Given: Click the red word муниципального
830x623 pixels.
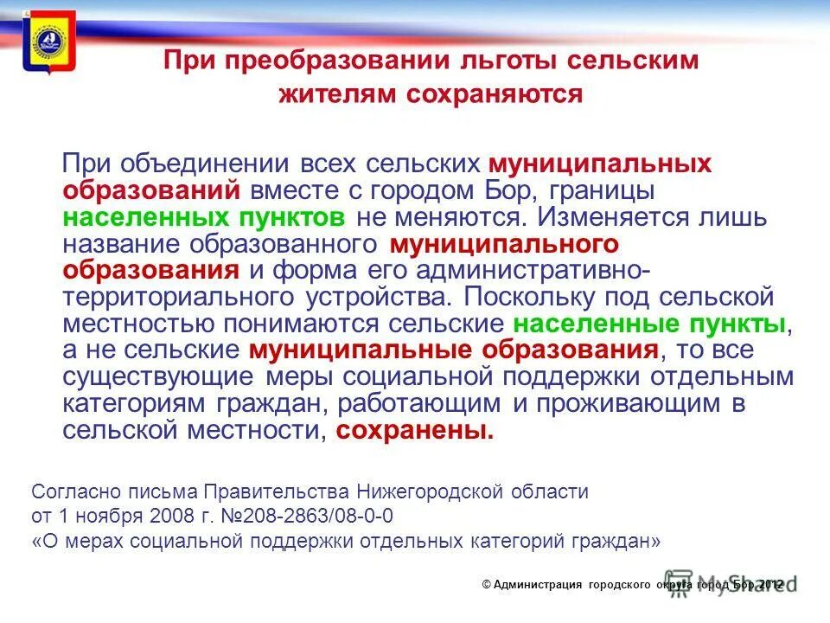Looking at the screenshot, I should [504, 242].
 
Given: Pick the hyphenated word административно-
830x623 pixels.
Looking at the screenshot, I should [528, 269].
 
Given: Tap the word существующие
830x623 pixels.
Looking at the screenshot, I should [159, 377].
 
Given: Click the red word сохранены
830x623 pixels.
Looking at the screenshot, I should [415, 431].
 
